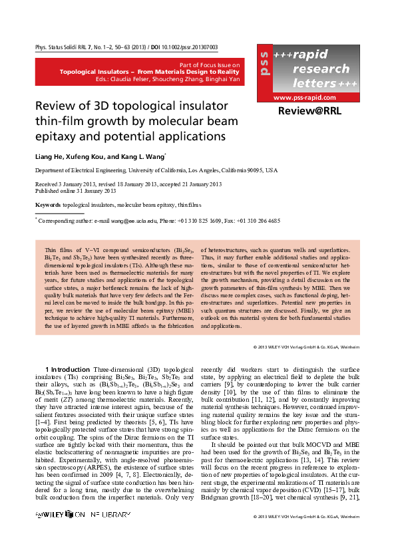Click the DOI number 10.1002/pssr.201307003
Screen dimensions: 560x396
199,48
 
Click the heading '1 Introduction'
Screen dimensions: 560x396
66,369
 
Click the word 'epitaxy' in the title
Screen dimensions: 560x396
55,136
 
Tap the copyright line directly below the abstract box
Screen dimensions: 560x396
307,347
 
